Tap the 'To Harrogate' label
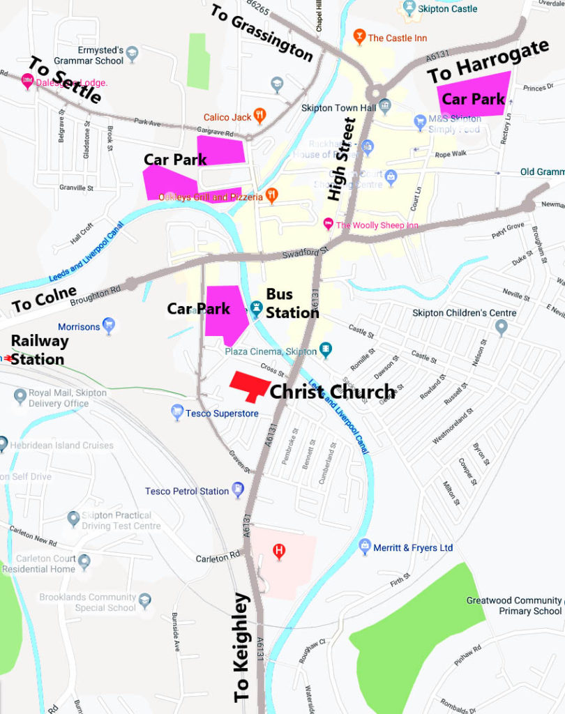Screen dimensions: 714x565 tap(488, 62)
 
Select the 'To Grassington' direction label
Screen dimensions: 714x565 tap(262, 32)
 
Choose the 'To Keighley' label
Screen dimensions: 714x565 tap(241, 646)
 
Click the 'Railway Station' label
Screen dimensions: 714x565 tap(39, 350)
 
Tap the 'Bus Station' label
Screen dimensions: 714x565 tap(291, 303)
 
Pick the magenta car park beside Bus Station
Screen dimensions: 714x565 tap(227, 312)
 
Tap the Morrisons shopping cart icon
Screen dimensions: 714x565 tap(108, 325)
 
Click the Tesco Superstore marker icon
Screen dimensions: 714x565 tap(177, 413)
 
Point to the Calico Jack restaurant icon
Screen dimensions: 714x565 tap(259, 115)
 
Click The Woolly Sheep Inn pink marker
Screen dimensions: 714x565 tap(328, 225)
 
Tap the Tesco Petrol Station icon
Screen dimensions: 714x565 tap(238, 490)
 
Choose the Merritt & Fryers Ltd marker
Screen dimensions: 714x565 tap(364, 547)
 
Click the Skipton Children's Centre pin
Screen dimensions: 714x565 tap(501, 326)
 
